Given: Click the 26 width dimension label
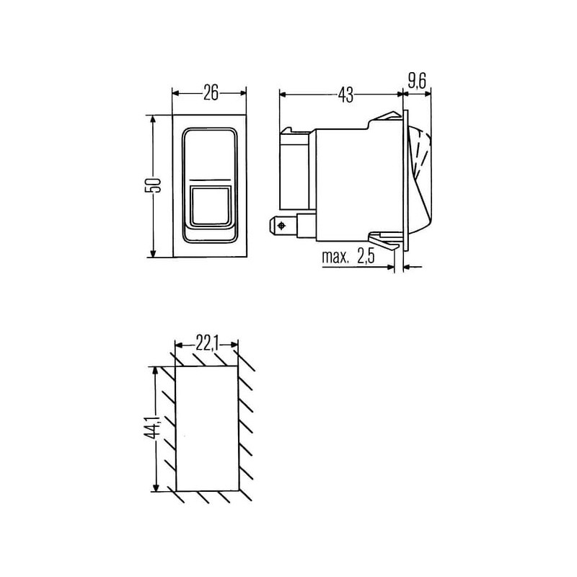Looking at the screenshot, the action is (211, 93).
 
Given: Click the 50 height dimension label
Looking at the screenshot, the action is (154, 185).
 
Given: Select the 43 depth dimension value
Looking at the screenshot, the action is (346, 95).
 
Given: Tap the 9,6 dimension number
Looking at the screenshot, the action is (417, 81).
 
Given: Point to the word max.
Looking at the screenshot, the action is (335, 257).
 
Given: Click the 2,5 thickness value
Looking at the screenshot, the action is (366, 257).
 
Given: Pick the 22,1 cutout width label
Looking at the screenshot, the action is (207, 345).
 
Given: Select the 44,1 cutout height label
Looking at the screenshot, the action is (154, 428).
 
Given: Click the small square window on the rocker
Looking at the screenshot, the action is (210, 206).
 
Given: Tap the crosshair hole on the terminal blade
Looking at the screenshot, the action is (282, 226).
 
